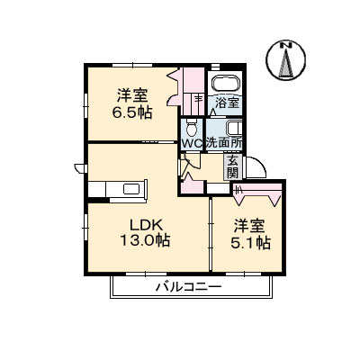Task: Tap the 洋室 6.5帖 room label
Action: [x=132, y=103]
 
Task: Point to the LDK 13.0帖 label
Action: [x=144, y=231]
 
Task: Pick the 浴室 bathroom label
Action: [x=227, y=104]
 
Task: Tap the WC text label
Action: [x=191, y=143]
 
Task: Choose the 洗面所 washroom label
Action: [x=222, y=143]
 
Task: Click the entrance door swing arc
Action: [x=255, y=167]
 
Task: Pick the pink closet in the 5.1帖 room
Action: [x=258, y=189]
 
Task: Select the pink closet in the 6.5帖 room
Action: [x=192, y=90]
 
